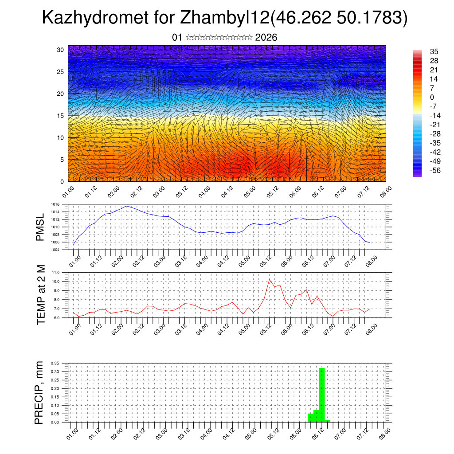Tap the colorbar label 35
(x=434, y=51)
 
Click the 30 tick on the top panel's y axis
(x=61, y=50)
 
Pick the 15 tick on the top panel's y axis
(x=61, y=116)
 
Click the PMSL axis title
(x=40, y=227)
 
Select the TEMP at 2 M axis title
(x=41, y=294)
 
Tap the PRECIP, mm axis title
(x=40, y=392)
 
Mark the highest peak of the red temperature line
(x=269, y=279)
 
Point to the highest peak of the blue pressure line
(x=127, y=206)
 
